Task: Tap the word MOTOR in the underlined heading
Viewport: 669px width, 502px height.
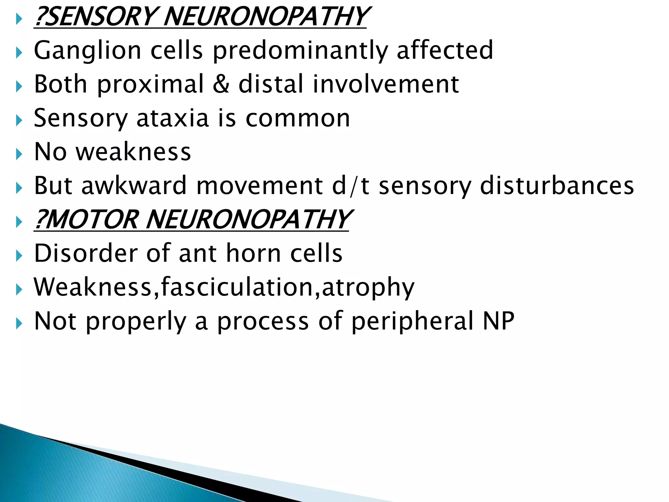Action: (93, 220)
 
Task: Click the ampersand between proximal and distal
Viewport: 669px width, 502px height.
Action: (221, 84)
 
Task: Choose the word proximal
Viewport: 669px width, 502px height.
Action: (151, 85)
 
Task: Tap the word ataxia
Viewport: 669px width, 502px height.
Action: (172, 118)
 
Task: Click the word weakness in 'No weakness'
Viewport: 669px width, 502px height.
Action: (133, 152)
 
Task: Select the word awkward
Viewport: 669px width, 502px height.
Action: (134, 185)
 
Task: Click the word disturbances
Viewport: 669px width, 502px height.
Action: (557, 185)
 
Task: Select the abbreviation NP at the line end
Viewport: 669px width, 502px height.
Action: (498, 321)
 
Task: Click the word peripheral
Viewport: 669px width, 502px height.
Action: (413, 322)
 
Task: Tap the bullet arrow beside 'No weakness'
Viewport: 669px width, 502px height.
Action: (19, 154)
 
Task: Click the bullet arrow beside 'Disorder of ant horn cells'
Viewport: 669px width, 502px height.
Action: (19, 255)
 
